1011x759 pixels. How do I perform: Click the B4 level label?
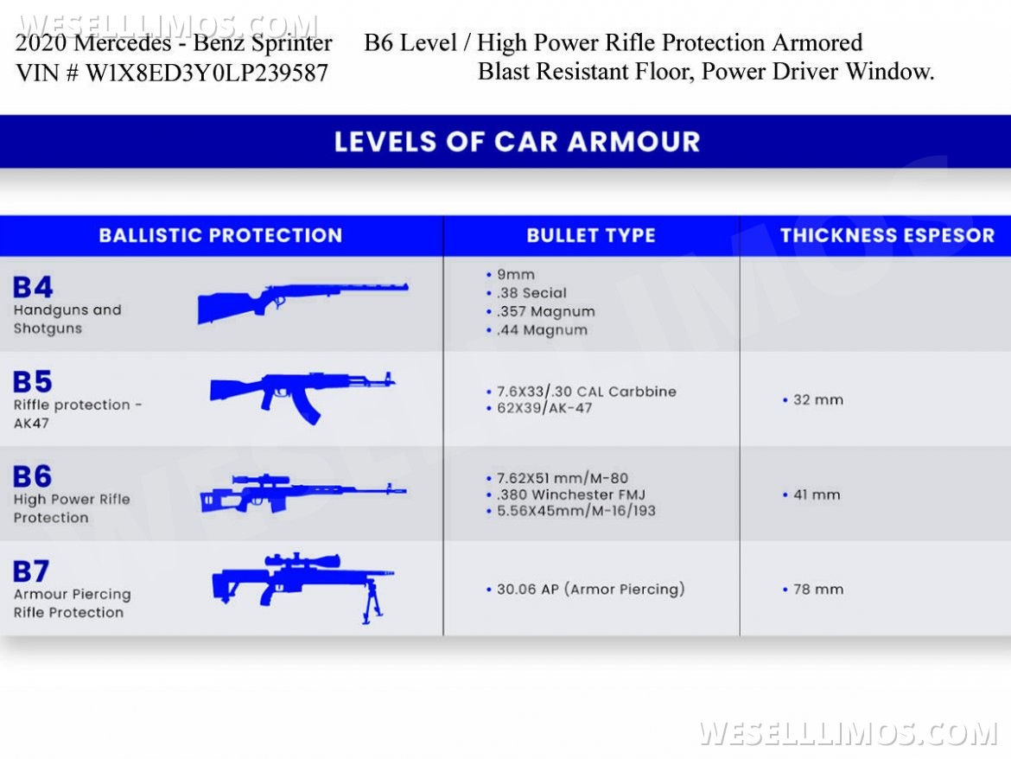(x=33, y=287)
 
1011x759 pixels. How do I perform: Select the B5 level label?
(x=33, y=381)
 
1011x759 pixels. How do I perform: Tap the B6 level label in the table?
(x=33, y=476)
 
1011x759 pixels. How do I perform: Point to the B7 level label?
(x=31, y=571)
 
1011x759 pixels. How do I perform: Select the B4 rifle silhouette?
(x=302, y=300)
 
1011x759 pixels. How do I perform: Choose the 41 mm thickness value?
(x=816, y=495)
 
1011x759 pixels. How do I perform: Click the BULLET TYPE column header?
(x=591, y=235)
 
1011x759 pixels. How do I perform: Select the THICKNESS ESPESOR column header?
(x=887, y=235)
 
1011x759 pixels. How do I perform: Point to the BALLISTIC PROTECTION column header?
(x=220, y=235)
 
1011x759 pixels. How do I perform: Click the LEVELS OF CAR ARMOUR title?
(x=517, y=142)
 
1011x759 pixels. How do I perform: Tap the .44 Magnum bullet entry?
(x=542, y=330)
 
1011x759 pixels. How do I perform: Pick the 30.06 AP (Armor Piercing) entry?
(x=590, y=590)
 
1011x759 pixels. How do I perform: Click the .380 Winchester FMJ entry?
(x=570, y=495)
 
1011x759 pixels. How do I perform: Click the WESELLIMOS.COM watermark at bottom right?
(x=848, y=733)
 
